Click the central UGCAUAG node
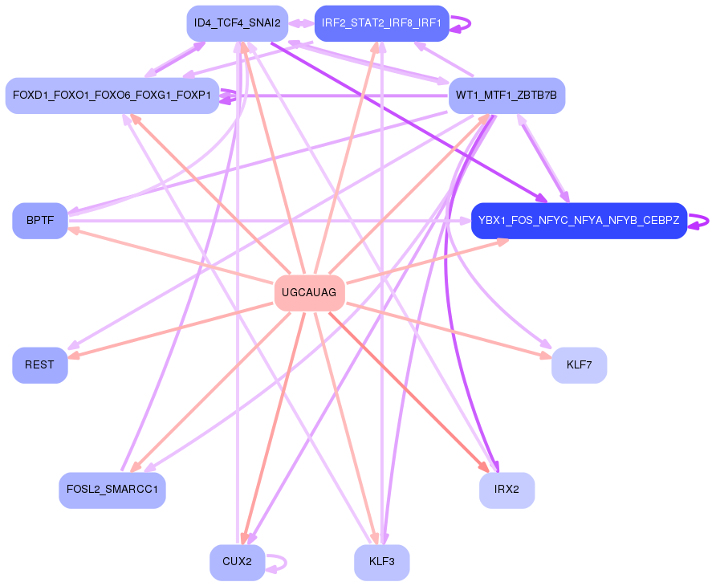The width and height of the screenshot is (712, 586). pyautogui.click(x=309, y=293)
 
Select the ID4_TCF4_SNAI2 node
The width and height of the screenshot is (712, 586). pyautogui.click(x=237, y=23)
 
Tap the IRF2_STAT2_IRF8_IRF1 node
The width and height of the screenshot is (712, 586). pyautogui.click(x=381, y=23)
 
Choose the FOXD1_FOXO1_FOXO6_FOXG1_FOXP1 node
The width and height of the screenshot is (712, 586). pyautogui.click(x=112, y=96)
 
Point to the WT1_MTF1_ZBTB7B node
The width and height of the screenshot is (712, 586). pyautogui.click(x=507, y=96)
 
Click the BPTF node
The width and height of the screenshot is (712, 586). pyautogui.click(x=39, y=221)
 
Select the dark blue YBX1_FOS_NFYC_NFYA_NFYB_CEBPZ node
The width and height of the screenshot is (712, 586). pyautogui.click(x=579, y=221)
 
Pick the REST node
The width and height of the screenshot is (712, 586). pyautogui.click(x=39, y=365)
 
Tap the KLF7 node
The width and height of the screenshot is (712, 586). pyautogui.click(x=579, y=365)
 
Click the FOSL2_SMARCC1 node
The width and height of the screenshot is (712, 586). pyautogui.click(x=112, y=490)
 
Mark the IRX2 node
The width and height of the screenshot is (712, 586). pyautogui.click(x=507, y=490)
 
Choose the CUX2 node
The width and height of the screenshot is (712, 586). pyautogui.click(x=237, y=562)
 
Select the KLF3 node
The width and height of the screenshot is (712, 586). pyautogui.click(x=381, y=562)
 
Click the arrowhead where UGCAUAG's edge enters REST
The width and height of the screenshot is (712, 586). pyautogui.click(x=72, y=355)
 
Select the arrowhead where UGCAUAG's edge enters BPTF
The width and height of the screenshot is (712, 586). pyautogui.click(x=72, y=230)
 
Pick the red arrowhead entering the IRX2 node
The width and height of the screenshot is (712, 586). pyautogui.click(x=484, y=467)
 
